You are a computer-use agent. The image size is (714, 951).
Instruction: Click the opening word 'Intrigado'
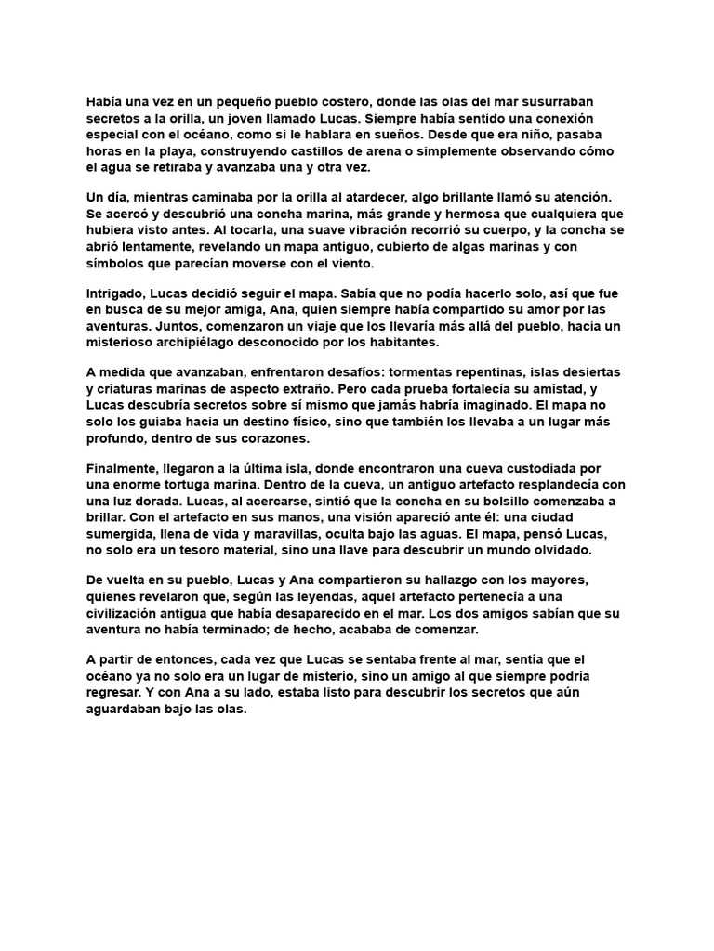tap(118, 293)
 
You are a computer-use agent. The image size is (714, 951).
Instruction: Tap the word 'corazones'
tap(278, 438)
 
